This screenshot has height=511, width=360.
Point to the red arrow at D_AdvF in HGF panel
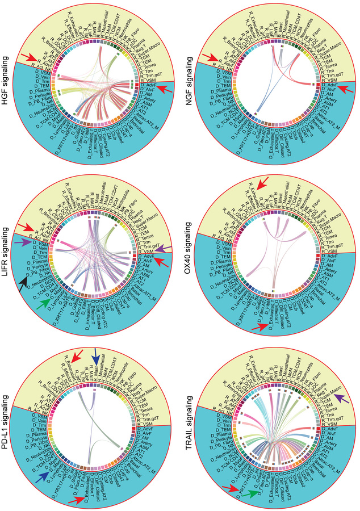tap(163, 88)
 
